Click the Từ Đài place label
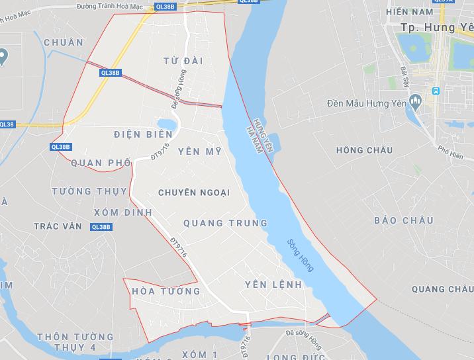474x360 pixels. coord(183,61)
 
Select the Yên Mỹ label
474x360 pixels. coord(204,152)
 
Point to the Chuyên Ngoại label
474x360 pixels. coord(194,193)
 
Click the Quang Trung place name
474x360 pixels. coord(225,223)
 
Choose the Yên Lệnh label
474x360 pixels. coord(273,285)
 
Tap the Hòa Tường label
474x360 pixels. coord(166,291)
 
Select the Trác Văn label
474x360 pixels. coord(58,226)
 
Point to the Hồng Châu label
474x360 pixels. coord(364,150)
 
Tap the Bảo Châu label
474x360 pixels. coord(403,220)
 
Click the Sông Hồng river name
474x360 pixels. coord(301,255)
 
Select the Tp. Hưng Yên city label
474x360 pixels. coord(437,28)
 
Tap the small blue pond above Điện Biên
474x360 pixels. coord(167,124)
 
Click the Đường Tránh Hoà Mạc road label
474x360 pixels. coord(111,5)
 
